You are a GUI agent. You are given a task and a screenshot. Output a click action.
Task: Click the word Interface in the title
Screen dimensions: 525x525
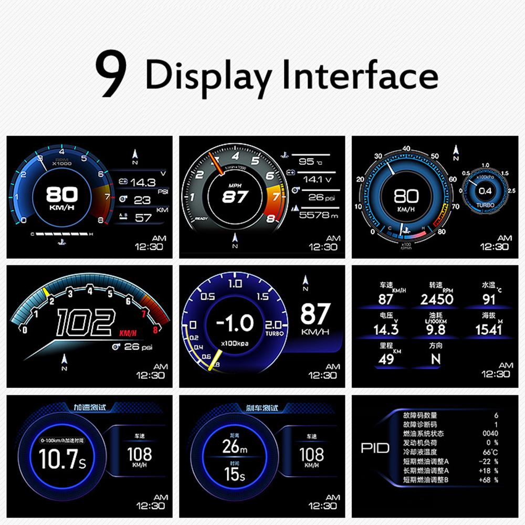[360, 75]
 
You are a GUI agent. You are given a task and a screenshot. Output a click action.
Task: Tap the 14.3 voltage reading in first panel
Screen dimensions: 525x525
[143, 183]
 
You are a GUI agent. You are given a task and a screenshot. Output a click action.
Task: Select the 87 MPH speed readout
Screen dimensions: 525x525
[235, 197]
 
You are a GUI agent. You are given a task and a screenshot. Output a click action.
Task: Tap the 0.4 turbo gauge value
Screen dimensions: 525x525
[485, 191]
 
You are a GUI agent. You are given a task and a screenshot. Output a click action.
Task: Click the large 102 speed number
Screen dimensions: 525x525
[86, 321]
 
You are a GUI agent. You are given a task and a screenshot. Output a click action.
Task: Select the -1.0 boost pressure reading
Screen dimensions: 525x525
[235, 323]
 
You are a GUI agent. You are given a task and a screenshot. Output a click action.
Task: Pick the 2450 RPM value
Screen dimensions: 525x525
[437, 299]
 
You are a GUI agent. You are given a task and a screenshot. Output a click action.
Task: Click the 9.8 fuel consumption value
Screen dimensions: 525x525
[435, 329]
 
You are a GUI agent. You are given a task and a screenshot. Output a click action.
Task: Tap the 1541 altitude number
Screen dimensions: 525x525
[488, 329]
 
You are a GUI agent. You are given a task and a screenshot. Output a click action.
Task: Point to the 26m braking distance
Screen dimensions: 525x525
[234, 447]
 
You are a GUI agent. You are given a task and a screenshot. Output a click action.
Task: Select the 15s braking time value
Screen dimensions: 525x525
[234, 475]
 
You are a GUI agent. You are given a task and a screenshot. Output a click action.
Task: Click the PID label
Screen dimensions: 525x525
[375, 448]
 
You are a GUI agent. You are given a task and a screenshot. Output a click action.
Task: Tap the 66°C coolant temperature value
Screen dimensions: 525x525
[490, 452]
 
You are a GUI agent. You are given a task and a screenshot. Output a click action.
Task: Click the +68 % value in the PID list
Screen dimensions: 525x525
[488, 479]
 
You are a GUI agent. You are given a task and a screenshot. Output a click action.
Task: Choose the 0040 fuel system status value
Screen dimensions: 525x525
[490, 434]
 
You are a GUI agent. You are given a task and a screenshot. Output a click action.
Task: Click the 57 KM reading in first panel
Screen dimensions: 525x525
[143, 218]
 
